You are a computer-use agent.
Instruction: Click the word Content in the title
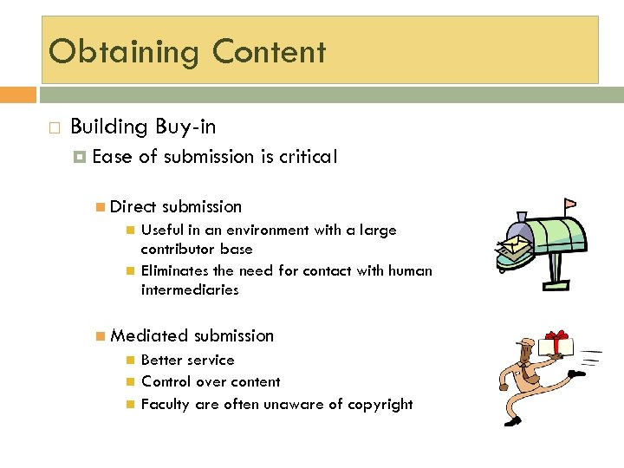click(270, 52)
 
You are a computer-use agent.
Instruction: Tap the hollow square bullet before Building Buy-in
click(54, 128)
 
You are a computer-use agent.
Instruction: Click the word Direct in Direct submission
click(133, 206)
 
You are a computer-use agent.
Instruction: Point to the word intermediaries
click(189, 289)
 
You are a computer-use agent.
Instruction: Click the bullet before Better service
click(130, 360)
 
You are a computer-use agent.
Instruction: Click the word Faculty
click(165, 404)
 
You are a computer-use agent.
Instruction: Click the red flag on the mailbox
click(569, 206)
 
